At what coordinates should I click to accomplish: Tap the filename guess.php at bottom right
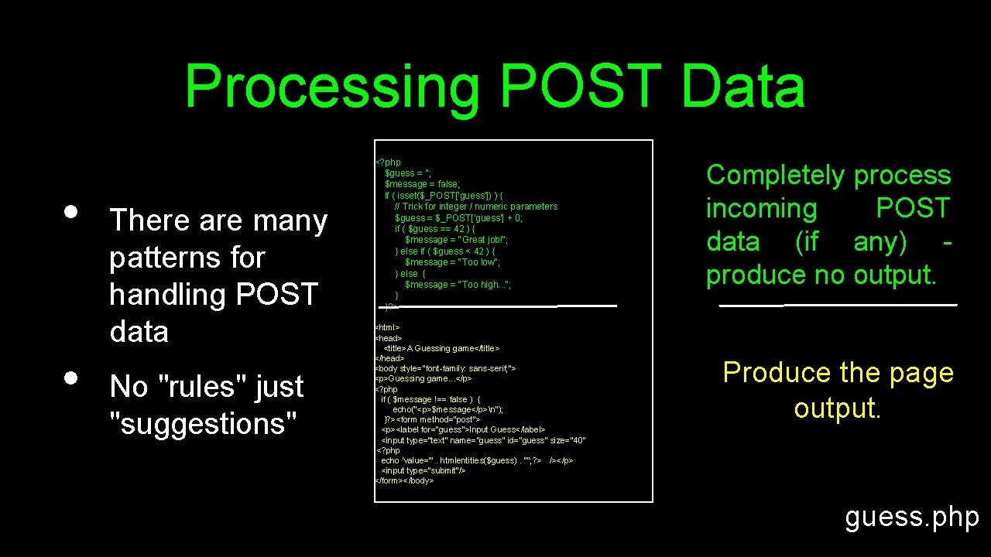click(x=912, y=517)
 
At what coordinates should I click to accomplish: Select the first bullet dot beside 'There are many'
click(x=70, y=211)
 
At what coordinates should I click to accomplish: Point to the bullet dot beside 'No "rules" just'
click(x=70, y=378)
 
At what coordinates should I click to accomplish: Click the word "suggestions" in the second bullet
click(x=204, y=423)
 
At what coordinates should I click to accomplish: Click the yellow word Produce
click(x=777, y=374)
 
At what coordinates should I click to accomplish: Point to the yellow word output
click(x=837, y=408)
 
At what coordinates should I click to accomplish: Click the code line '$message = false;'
click(x=422, y=184)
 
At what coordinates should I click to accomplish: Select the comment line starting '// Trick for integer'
click(x=475, y=207)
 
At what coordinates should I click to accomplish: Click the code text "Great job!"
click(x=485, y=240)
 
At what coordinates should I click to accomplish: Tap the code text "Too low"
click(x=480, y=262)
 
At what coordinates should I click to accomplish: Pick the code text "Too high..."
click(x=485, y=285)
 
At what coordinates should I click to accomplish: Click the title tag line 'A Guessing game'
click(x=441, y=349)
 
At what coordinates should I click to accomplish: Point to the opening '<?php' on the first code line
click(x=388, y=162)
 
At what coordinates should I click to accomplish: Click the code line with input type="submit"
click(x=423, y=470)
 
